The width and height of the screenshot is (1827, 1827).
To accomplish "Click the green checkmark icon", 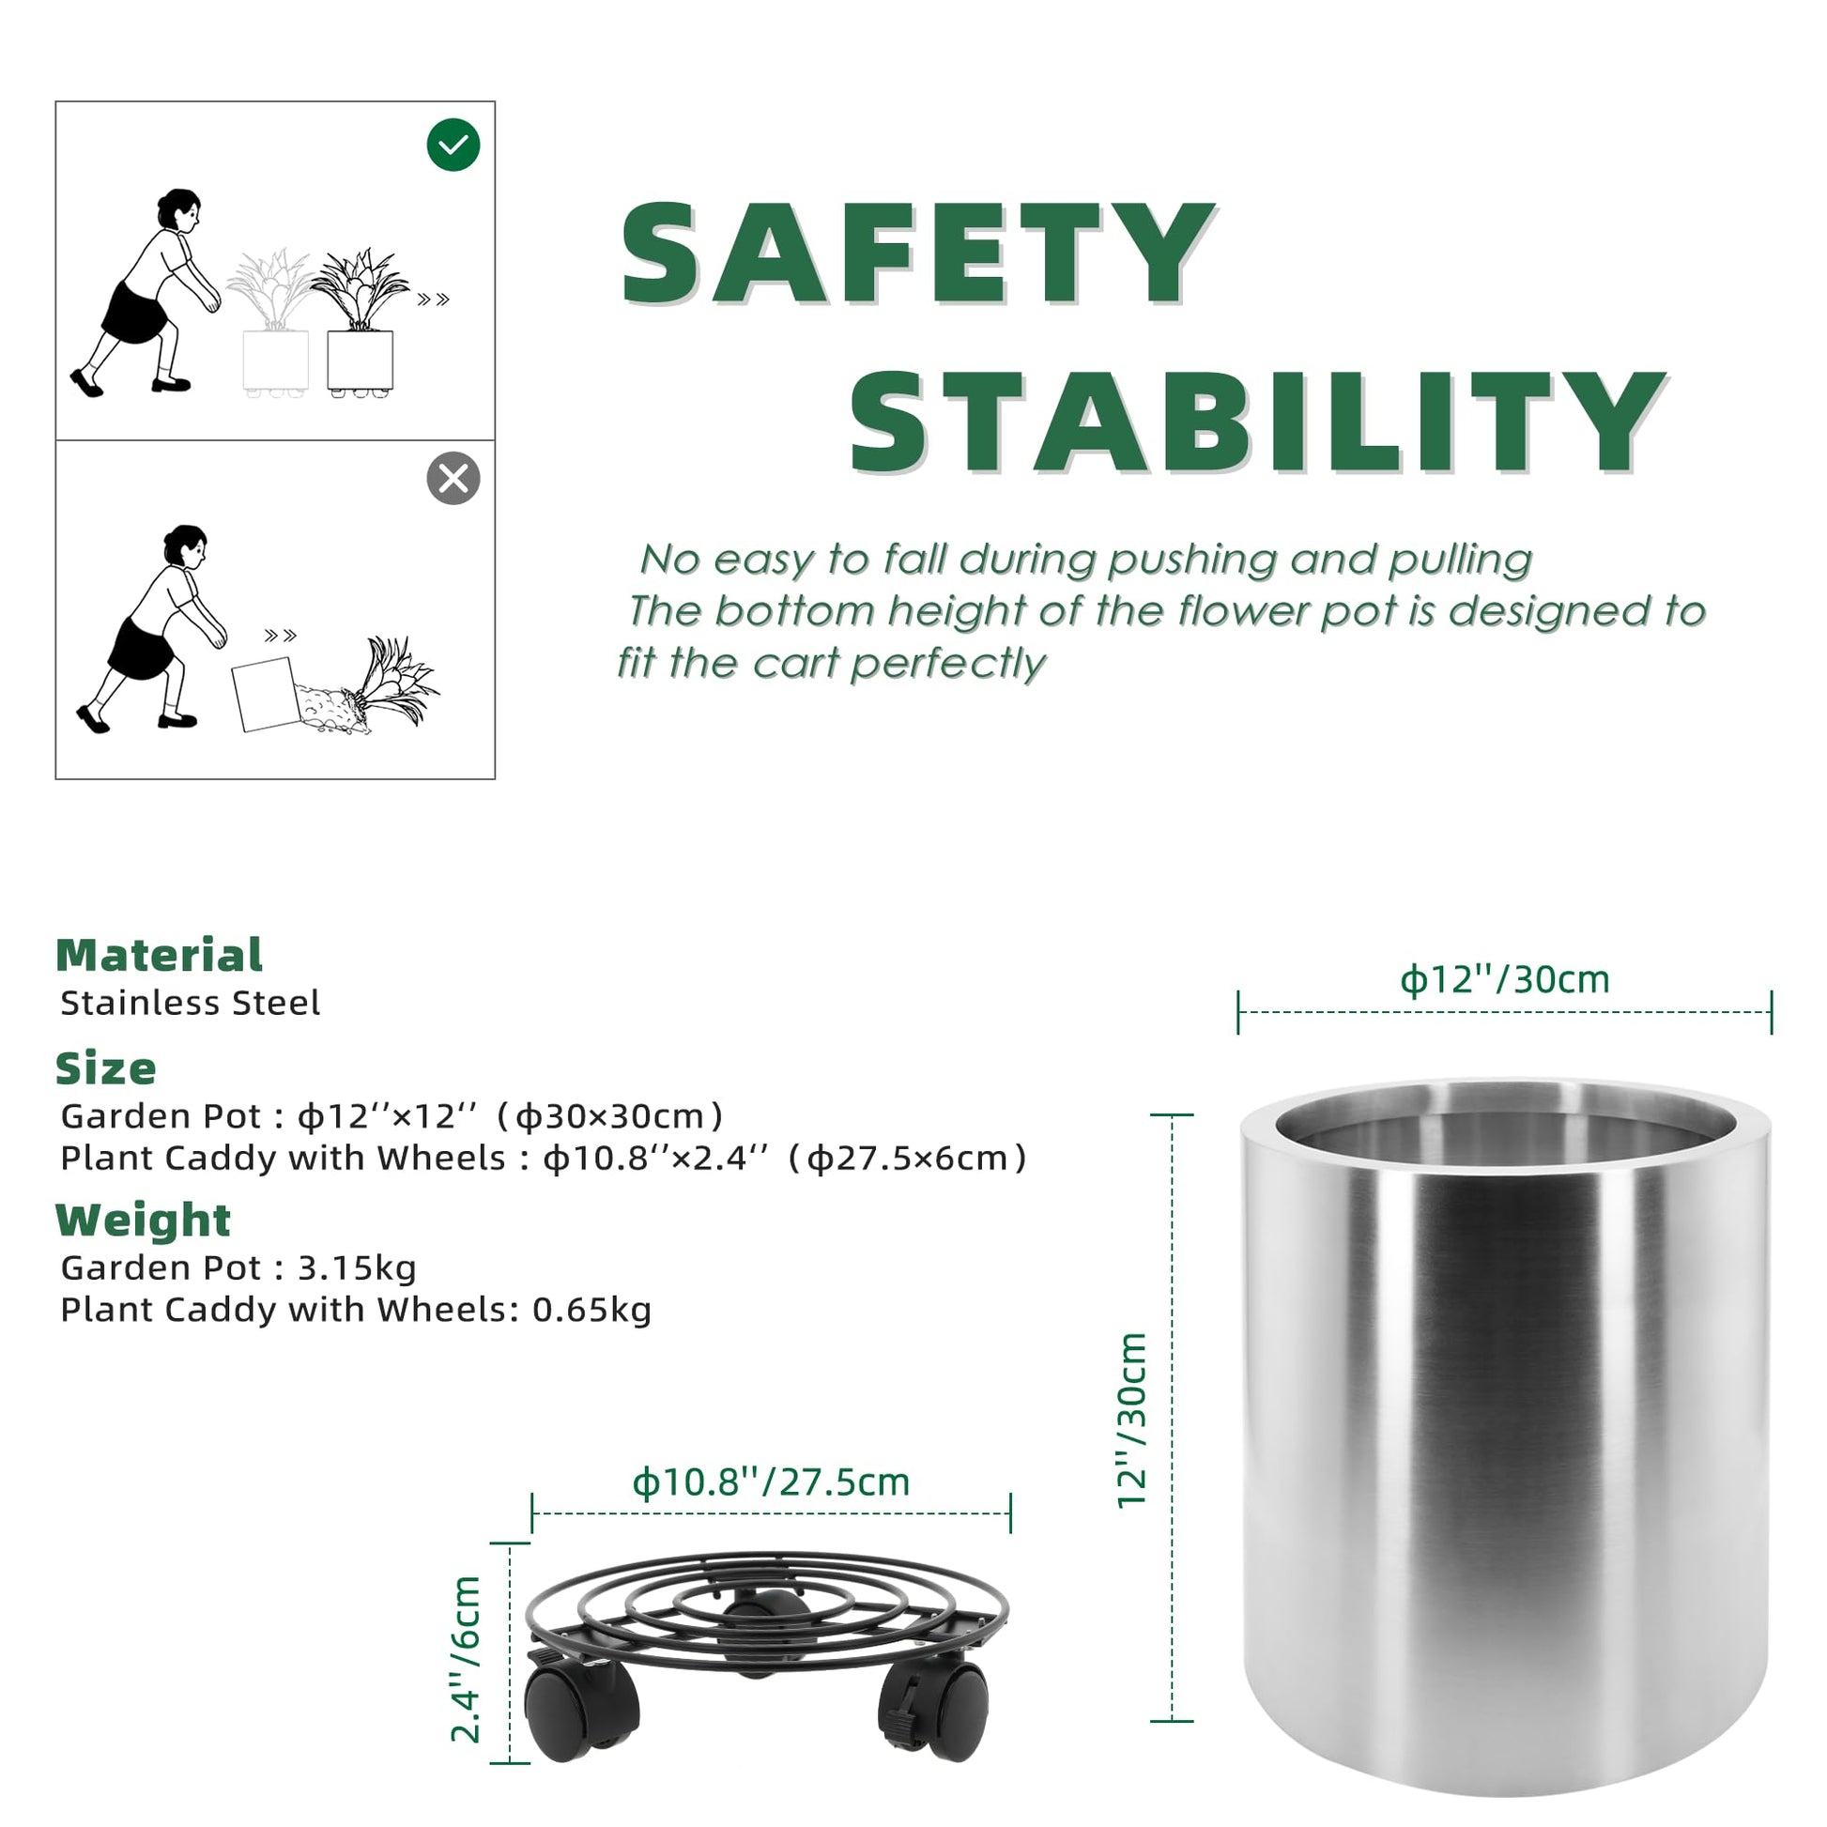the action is coord(453,145).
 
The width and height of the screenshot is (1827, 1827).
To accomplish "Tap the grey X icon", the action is coord(453,479).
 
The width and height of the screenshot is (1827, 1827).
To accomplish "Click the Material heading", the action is coord(159,955).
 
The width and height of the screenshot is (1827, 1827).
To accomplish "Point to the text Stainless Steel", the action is coord(190,1003).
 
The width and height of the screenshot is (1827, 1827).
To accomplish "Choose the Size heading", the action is coord(106,1068).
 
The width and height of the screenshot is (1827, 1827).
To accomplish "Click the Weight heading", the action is coord(143,1220).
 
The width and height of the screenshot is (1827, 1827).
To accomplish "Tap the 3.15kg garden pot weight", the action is coord(357,1268).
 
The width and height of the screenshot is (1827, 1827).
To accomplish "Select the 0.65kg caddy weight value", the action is coord(592,1310).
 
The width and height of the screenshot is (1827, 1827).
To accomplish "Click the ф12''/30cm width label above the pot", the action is coord(1505,980).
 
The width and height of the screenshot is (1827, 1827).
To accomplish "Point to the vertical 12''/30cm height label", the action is coord(1132,1420).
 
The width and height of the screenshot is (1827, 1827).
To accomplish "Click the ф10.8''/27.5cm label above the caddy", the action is coord(771,1482).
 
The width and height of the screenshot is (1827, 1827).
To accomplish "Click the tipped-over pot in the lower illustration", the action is coord(267,695).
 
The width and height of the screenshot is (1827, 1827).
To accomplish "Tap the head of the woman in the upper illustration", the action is coord(179,209).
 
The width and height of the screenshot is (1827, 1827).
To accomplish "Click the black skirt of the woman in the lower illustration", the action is coord(141,649).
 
